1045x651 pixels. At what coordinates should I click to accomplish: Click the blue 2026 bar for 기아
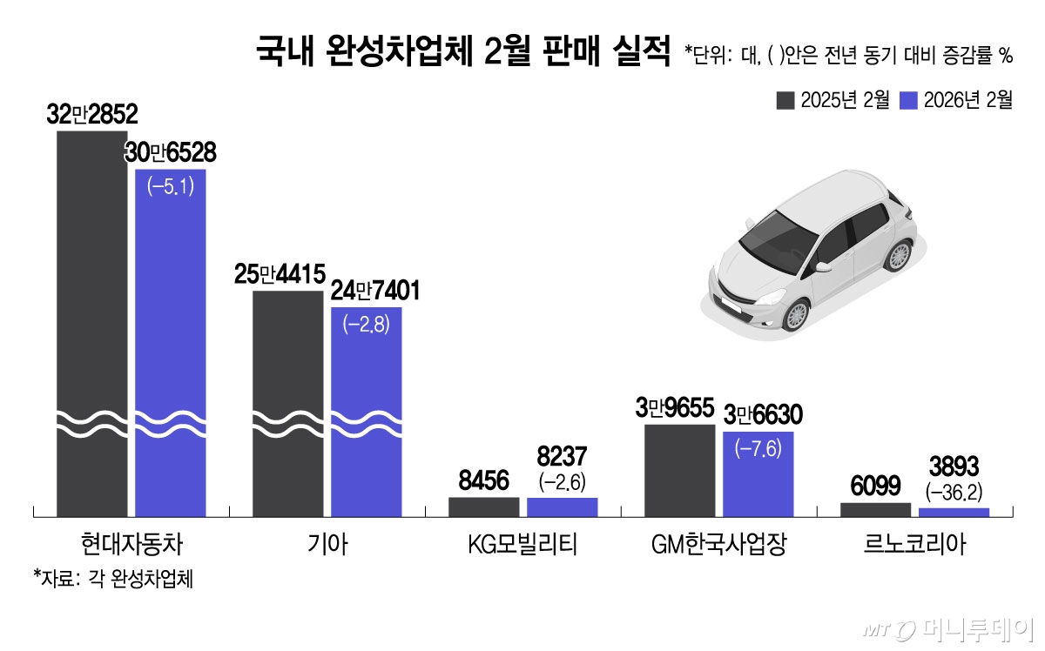click(x=367, y=409)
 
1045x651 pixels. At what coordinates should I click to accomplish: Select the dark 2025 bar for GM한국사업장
click(x=680, y=470)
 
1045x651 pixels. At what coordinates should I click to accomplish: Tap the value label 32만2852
click(x=92, y=117)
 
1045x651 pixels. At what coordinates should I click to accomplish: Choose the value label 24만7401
click(x=374, y=291)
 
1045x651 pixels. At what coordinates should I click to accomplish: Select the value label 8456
click(x=484, y=481)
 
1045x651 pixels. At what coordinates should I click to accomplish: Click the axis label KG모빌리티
click(x=522, y=546)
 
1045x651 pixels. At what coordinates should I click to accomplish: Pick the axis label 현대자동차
click(x=131, y=546)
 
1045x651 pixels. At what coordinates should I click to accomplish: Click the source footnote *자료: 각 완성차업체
click(x=112, y=579)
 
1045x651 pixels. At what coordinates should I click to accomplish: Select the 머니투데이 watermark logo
click(x=949, y=628)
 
